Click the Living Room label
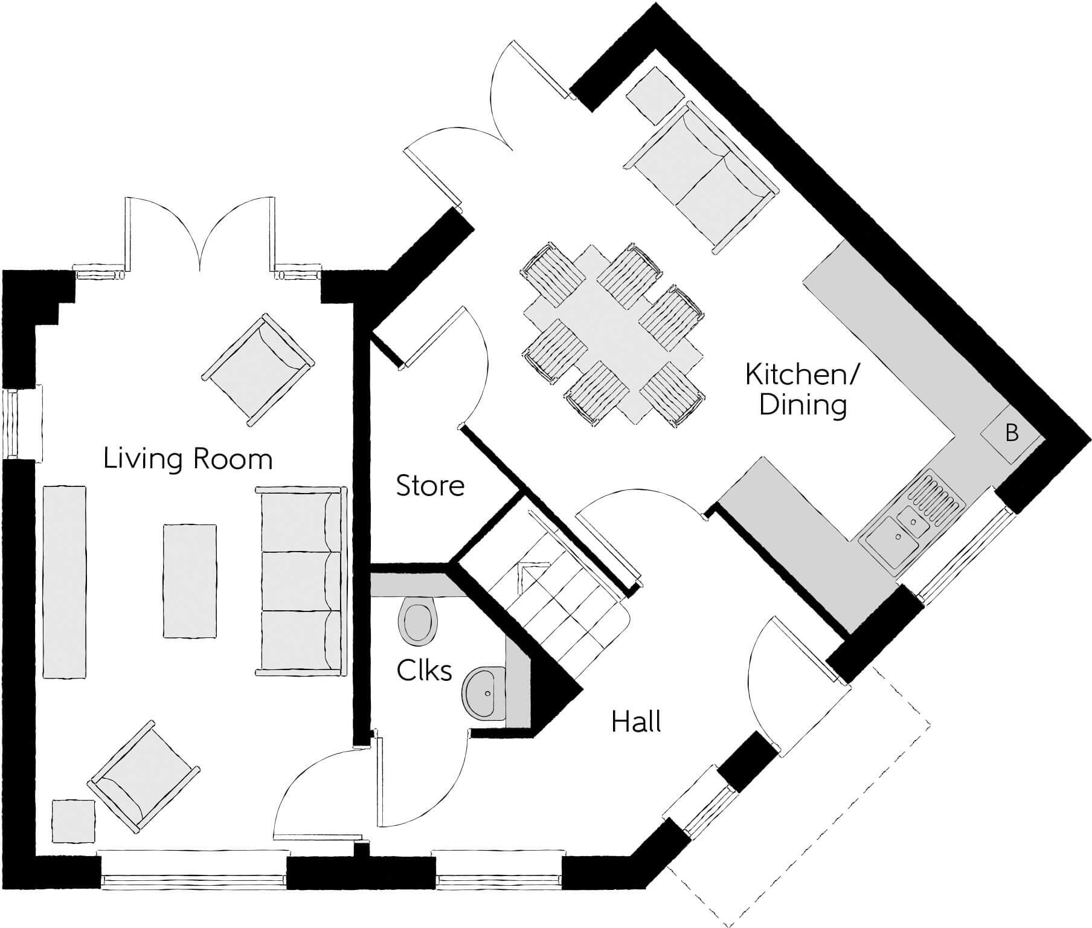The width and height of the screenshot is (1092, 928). point(188,459)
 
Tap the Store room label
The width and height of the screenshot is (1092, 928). point(430,486)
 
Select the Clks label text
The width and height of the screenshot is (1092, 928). point(424,670)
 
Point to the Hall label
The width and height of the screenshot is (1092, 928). point(636,722)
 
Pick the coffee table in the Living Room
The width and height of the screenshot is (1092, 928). point(190,580)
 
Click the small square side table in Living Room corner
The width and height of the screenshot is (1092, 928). point(73,820)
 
